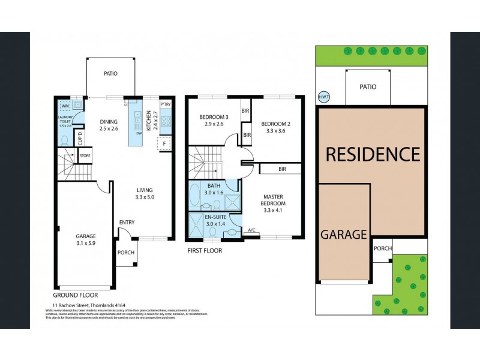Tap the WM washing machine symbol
[x=65, y=106]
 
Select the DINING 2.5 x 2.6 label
[x=109, y=125]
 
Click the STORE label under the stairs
[x=85, y=157]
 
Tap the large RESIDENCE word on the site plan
[x=372, y=154]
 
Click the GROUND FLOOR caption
[x=75, y=295]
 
